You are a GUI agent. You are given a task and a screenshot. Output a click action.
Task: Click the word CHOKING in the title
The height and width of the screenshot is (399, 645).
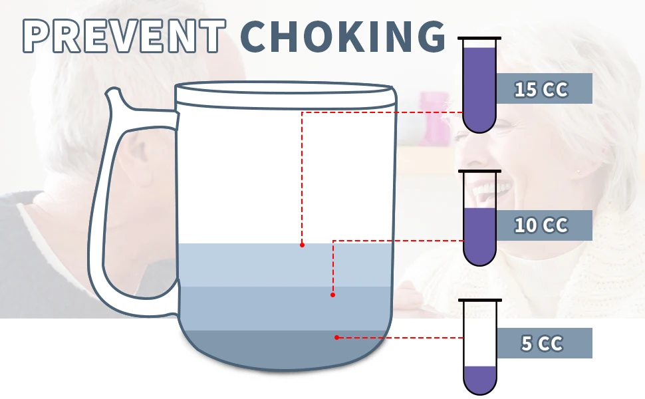[342, 36]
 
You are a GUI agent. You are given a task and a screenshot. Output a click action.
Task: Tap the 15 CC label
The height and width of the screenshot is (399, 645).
[542, 89]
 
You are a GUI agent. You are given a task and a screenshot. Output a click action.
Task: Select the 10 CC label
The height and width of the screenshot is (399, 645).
[542, 225]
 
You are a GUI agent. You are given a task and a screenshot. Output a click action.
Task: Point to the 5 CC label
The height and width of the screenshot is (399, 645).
[542, 344]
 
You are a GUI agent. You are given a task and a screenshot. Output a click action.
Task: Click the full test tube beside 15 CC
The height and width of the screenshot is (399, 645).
[479, 86]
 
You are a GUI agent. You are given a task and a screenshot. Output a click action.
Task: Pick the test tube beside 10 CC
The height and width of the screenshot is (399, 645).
[479, 219]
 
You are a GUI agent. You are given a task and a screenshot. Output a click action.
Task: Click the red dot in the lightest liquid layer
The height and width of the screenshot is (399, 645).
[302, 245]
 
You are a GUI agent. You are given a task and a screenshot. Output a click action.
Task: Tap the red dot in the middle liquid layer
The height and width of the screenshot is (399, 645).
[332, 294]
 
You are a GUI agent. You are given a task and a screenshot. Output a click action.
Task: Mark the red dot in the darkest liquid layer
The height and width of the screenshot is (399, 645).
[337, 337]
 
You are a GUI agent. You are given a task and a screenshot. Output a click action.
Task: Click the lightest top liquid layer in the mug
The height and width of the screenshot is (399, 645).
[253, 265]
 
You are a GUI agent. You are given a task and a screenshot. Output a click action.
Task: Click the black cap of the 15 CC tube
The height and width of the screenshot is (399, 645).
[479, 38]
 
